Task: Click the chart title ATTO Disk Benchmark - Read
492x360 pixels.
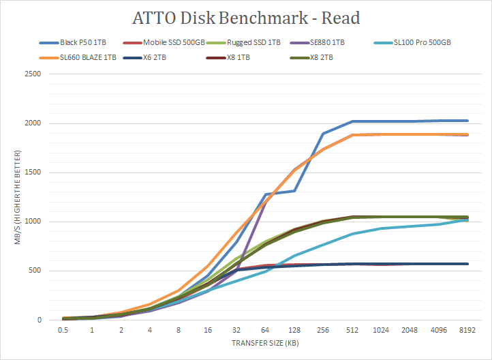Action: click(245, 16)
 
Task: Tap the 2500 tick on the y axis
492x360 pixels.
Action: click(34, 74)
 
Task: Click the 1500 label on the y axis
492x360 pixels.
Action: click(34, 172)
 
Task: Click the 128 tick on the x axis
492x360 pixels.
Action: click(294, 330)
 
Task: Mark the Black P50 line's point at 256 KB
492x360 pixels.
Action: click(323, 134)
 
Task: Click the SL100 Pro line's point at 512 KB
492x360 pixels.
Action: click(352, 234)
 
